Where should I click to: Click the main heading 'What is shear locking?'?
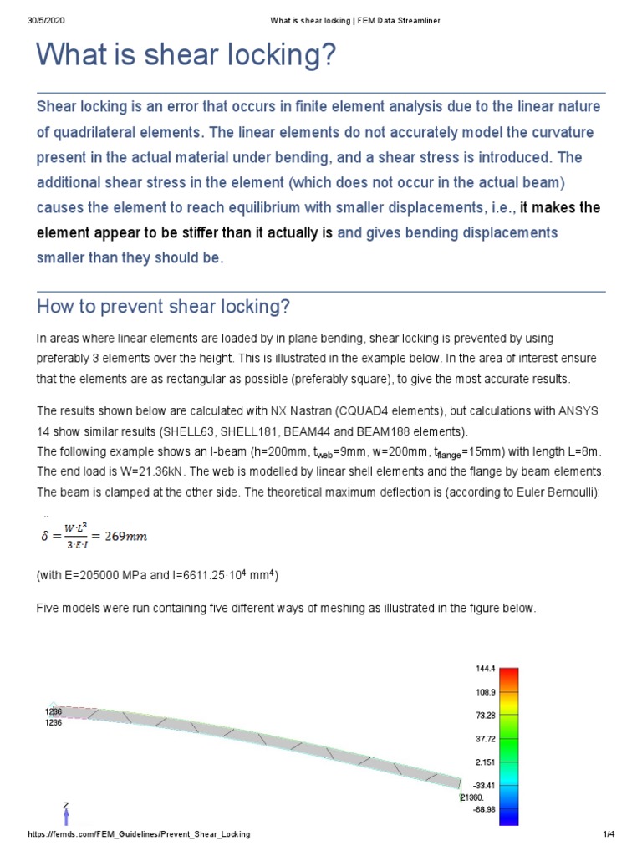point(186,57)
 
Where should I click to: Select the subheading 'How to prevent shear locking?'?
point(163,307)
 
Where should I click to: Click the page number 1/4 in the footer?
point(608,835)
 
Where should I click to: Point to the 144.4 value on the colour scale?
point(485,670)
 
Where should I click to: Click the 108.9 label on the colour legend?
point(485,693)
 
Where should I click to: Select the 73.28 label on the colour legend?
point(485,716)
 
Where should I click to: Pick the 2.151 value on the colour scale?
point(485,762)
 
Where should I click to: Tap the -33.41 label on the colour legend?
point(484,786)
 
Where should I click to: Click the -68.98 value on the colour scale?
point(484,809)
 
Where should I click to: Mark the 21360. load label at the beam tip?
point(471,797)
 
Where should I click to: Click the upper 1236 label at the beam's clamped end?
point(53,711)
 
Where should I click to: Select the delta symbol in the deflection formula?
point(46,537)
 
